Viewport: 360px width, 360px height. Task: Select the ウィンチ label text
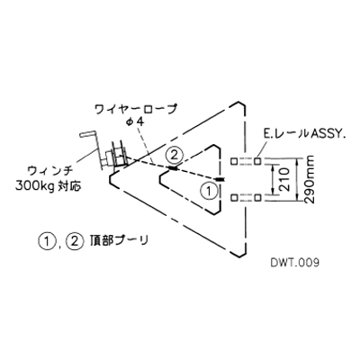[49, 172]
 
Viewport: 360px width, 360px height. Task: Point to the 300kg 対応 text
[49, 186]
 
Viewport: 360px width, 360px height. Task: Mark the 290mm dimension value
[309, 180]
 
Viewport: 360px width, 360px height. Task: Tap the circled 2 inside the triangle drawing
[175, 156]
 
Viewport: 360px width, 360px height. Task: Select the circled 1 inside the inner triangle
[208, 190]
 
